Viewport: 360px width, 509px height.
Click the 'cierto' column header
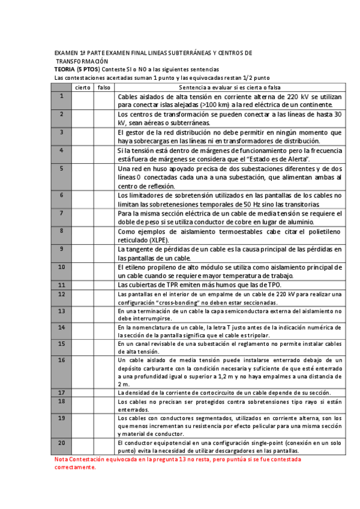(83, 88)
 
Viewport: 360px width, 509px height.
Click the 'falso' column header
(104, 88)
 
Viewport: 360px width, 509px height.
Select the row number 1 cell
(62, 96)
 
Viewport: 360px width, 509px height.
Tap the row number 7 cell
(62, 213)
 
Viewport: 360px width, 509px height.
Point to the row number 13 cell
(62, 312)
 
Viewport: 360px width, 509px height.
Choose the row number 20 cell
(62, 442)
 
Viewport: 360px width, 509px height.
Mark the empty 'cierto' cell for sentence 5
(83, 177)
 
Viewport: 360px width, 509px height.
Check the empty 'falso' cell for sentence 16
(104, 372)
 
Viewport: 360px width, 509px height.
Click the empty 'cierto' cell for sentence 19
(83, 425)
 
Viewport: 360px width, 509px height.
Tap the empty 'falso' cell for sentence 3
(104, 136)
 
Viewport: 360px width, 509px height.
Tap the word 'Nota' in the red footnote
(61, 459)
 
